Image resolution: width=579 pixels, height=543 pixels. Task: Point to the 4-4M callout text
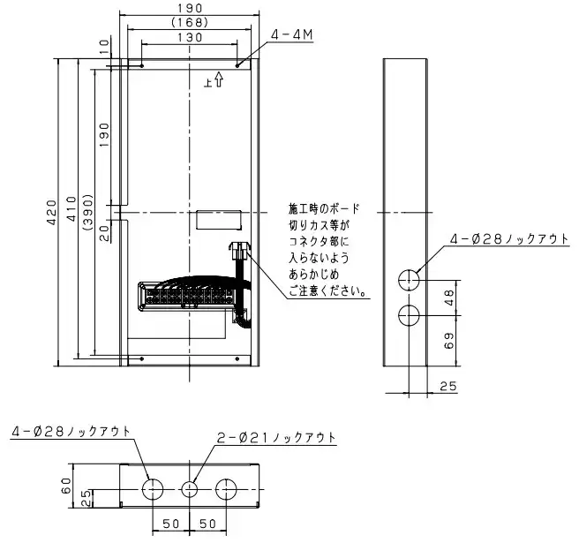pyautogui.click(x=293, y=36)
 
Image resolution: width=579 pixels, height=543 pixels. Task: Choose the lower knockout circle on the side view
pyautogui.click(x=409, y=314)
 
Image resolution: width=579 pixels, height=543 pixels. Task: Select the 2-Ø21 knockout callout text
pyautogui.click(x=276, y=438)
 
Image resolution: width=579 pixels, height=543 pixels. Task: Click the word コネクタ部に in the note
pyautogui.click(x=319, y=241)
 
